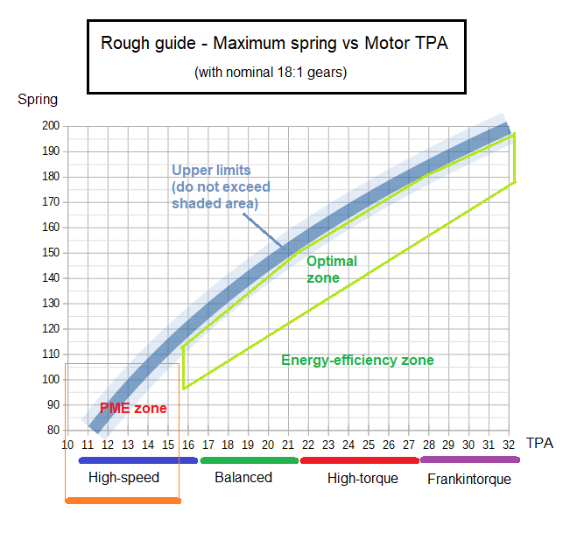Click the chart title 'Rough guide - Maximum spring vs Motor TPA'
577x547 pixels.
point(274,43)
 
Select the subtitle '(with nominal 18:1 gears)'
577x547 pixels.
point(271,73)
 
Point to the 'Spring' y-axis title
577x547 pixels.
point(38,99)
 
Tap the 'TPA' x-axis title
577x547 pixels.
point(539,443)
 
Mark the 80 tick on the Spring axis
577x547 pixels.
point(53,431)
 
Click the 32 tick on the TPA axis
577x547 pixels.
point(510,445)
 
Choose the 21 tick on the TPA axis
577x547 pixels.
point(289,445)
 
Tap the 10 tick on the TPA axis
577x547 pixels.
point(67,445)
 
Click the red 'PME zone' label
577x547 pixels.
point(133,408)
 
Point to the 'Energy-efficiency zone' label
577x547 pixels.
point(357,360)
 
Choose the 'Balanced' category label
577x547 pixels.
point(243,477)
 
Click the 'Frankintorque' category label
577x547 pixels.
point(468,479)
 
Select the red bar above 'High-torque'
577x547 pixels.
point(359,459)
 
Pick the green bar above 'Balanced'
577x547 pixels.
point(250,459)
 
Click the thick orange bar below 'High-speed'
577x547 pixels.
point(123,501)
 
